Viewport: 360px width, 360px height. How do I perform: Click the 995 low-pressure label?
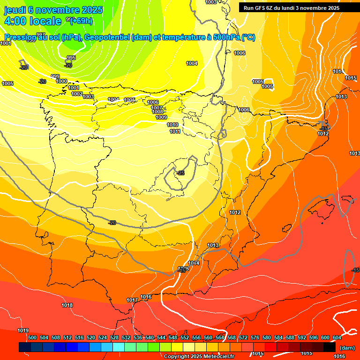pyautogui.click(x=71, y=58)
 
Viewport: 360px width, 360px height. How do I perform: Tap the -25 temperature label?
pyautogui.click(x=181, y=173)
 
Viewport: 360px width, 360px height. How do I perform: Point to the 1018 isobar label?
pyautogui.click(x=67, y=305)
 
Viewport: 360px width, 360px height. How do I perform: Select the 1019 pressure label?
pyautogui.click(x=23, y=330)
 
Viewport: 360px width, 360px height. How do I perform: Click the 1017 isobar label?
pyautogui.click(x=132, y=300)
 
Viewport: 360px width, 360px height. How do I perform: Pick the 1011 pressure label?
pyautogui.click(x=175, y=131)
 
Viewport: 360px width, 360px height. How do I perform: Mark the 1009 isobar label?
pyautogui.click(x=161, y=117)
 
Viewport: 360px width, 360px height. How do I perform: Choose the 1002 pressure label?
pyautogui.click(x=77, y=94)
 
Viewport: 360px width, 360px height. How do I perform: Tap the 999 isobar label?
pyautogui.click(x=55, y=76)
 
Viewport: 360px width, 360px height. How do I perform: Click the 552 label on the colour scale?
pyautogui.click(x=185, y=337)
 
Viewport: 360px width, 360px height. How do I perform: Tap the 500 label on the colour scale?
pyautogui.click(x=32, y=337)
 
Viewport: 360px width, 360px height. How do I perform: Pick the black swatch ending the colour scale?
pyautogui.click(x=330, y=347)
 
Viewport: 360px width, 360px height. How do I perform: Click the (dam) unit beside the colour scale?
pyautogui.click(x=347, y=347)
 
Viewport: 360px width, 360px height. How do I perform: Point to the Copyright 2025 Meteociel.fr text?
pyautogui.click(x=199, y=357)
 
